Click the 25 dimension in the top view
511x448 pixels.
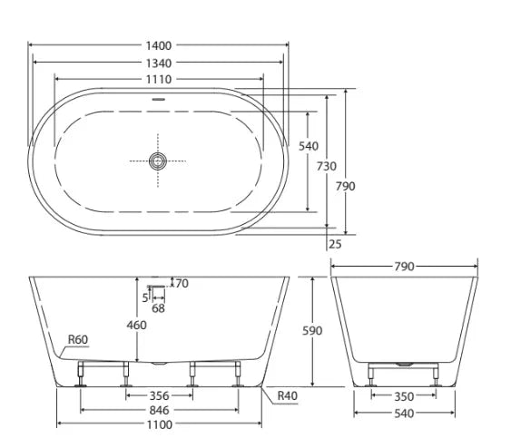click(x=336, y=243)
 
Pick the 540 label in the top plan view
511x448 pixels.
click(x=309, y=146)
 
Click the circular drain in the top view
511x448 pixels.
click(x=159, y=162)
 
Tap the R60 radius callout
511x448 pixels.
click(x=79, y=341)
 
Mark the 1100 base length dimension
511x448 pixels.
click(x=161, y=424)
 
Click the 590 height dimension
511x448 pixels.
click(x=311, y=331)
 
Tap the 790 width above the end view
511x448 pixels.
click(x=404, y=267)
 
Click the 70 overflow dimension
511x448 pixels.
click(x=181, y=284)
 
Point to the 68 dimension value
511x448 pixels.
click(x=158, y=309)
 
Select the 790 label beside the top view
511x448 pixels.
click(x=346, y=186)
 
